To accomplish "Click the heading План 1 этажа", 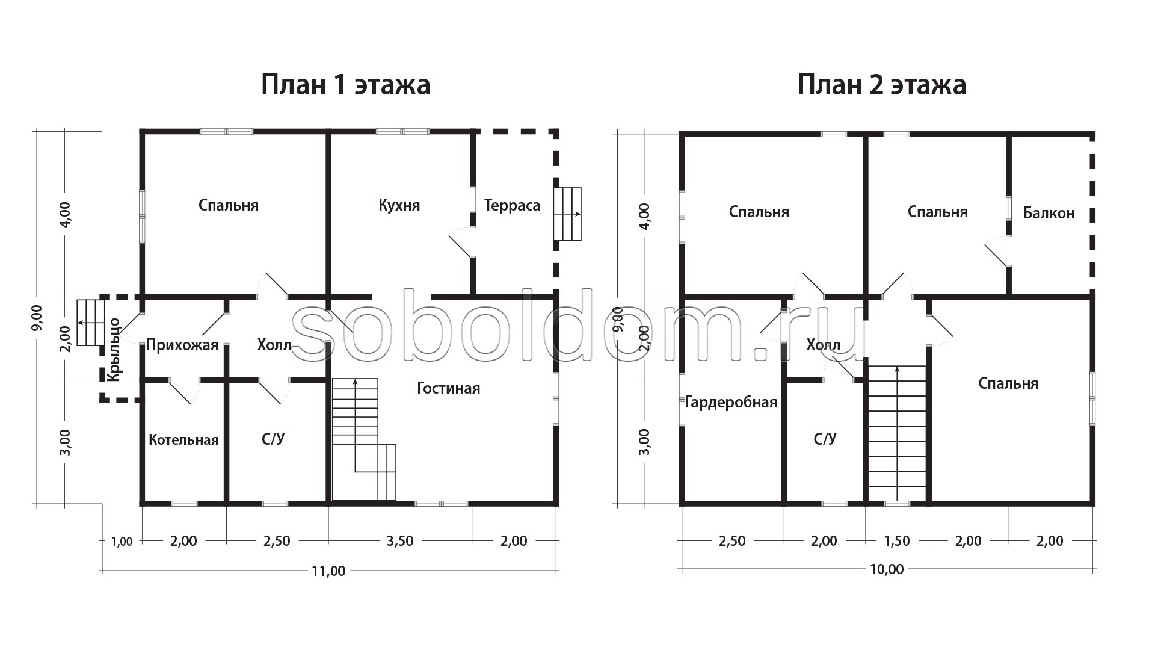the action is tap(346, 85).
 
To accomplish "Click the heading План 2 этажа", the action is tap(882, 85).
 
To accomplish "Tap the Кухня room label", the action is tap(399, 206).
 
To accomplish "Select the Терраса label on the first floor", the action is tap(512, 206).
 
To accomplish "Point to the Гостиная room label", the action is tap(449, 389).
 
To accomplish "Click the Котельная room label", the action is tap(183, 440).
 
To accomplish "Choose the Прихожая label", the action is tap(182, 346).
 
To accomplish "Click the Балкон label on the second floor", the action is tap(1049, 213).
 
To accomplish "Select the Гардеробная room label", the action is tap(731, 403).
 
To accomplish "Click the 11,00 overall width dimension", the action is tap(330, 571).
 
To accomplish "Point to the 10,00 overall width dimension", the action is tap(887, 569).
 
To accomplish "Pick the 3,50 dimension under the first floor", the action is tap(400, 541).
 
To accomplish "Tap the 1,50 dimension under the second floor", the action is tap(896, 541).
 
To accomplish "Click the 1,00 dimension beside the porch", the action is tap(122, 542).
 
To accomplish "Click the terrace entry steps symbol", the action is tap(568, 214).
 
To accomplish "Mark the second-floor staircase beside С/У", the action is tap(897, 433).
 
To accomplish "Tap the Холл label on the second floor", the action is tap(824, 345).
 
